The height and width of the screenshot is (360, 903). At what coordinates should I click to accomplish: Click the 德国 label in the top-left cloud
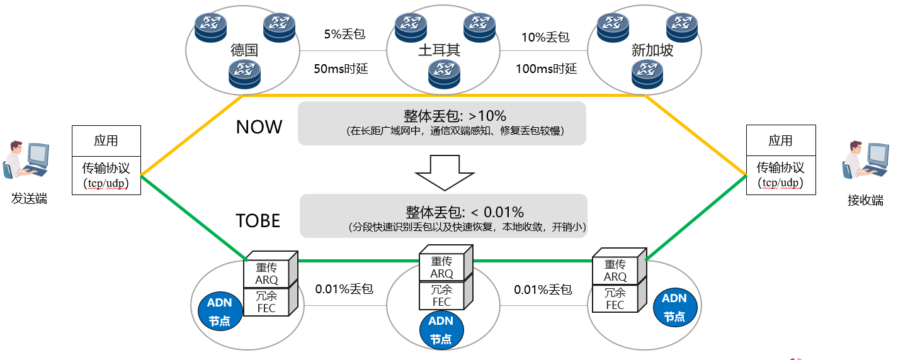coord(244,50)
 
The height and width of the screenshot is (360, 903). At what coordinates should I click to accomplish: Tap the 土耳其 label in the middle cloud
coord(440,50)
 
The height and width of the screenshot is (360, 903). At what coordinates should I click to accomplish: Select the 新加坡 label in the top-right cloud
coord(652,50)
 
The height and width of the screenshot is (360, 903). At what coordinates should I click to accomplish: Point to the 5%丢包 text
coord(344,34)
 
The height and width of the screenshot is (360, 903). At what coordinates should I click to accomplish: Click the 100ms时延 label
coord(546,69)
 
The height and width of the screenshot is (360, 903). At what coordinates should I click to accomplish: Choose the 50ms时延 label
coord(341,69)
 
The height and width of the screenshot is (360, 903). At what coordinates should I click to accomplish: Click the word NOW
coord(259,127)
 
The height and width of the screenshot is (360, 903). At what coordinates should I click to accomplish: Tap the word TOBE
coord(258,221)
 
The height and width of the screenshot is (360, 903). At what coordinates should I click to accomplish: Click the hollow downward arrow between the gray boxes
coord(445,172)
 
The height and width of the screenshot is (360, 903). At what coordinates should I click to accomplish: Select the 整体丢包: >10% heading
coord(455,116)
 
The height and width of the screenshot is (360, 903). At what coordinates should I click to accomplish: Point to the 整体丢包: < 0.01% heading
coord(464,212)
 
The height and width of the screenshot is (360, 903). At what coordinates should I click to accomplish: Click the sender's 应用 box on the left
coord(106,141)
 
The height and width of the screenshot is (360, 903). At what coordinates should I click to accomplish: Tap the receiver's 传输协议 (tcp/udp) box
coord(781,175)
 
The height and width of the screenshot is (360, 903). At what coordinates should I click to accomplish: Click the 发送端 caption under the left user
coord(29,198)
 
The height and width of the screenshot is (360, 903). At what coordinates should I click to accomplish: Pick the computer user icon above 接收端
coord(865,159)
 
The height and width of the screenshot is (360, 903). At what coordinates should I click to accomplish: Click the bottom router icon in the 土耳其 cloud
coord(444,74)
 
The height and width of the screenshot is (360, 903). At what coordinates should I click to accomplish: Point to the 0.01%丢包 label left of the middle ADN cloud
coord(344,289)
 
